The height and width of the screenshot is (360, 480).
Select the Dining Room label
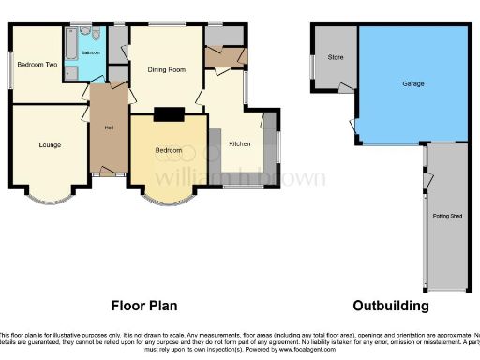click(168, 69)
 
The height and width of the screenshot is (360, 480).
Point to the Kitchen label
click(240, 143)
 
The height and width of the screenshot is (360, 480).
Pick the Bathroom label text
click(91, 53)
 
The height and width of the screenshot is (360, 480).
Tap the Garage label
click(412, 84)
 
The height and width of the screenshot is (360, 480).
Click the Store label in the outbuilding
click(335, 58)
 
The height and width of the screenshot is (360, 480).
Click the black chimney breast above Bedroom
click(169, 115)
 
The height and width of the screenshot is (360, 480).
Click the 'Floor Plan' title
click(144, 306)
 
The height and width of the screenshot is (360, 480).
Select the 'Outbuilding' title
click(391, 306)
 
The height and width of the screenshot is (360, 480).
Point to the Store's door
click(347, 87)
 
